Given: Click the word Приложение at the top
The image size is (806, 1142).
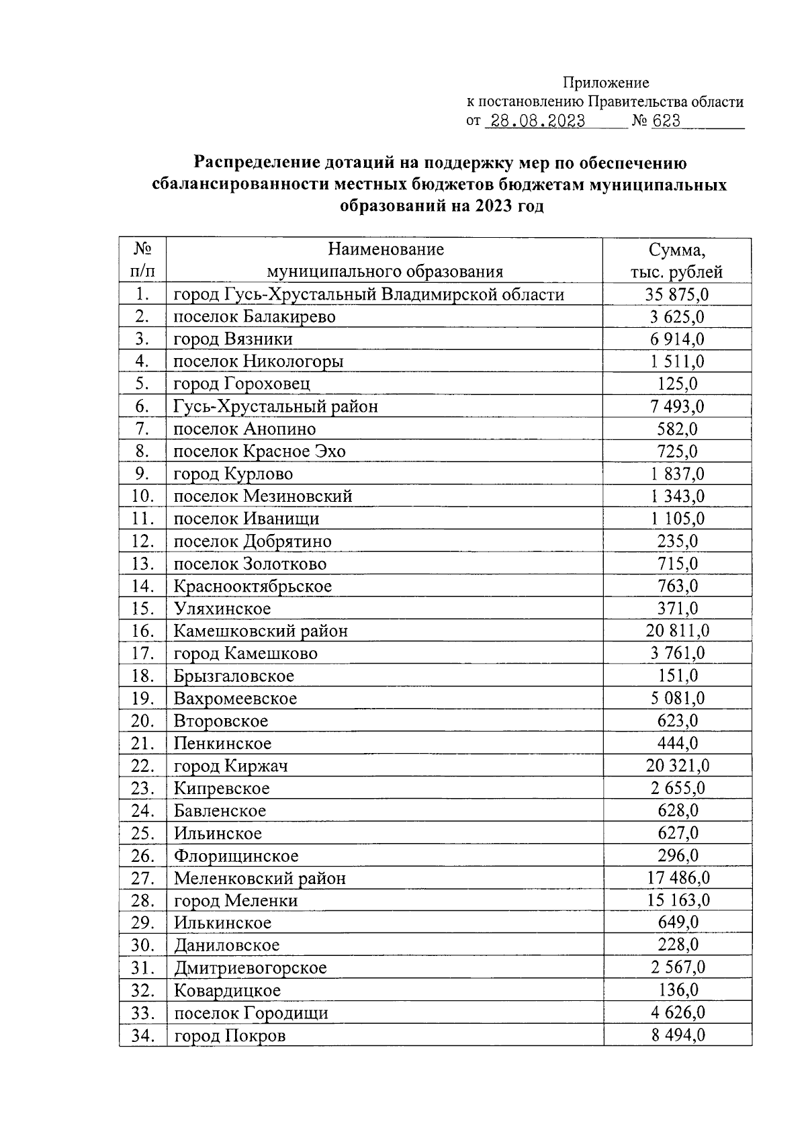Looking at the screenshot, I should coord(605,83).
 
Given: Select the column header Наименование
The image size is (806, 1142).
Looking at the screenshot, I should coord(386,250).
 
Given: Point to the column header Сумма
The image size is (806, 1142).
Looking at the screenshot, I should coord(676,251).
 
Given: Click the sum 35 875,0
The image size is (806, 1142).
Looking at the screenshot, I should coord(677,294).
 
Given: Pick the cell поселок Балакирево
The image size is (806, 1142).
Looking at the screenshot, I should coord(255,316).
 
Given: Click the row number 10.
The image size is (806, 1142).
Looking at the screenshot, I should coord(142,496).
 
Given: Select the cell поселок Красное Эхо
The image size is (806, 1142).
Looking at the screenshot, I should coord(259,451).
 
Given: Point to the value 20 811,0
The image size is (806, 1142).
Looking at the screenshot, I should coord(677,631).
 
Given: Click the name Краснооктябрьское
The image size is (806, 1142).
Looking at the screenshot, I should coord(253,586).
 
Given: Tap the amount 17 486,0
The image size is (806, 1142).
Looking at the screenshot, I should coord(677,878).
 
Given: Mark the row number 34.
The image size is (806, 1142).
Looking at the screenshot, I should coord(142,1035).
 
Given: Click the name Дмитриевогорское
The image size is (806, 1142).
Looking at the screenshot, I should coord(250,968).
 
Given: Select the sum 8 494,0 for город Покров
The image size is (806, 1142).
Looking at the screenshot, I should coord(677,1035).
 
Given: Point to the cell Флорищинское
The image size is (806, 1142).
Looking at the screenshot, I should coord(236,856).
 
